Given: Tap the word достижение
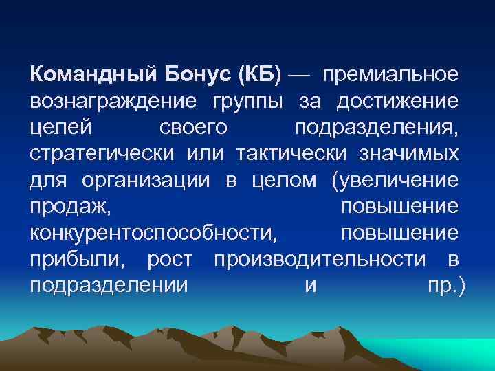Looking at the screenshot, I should [397, 102].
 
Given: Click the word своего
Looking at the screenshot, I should [197, 128].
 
